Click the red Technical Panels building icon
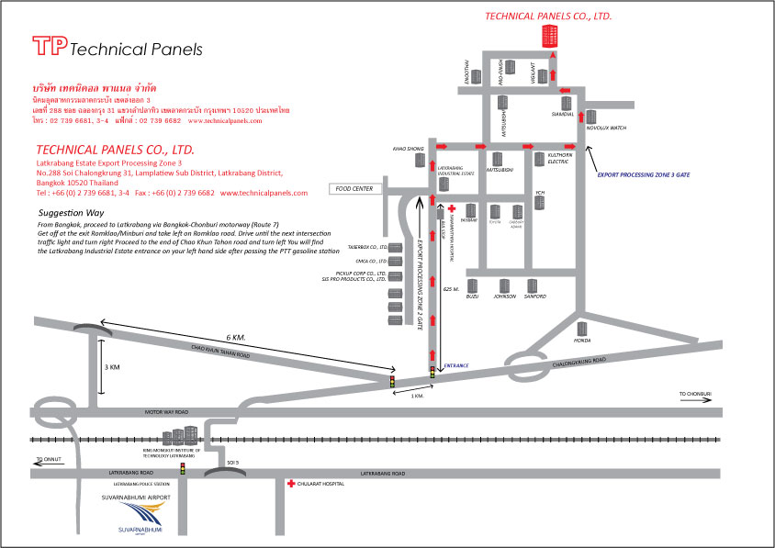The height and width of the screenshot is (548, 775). pyautogui.click(x=549, y=37)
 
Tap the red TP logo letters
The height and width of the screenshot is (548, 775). pyautogui.click(x=49, y=47)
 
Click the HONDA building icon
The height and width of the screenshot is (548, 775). pyautogui.click(x=580, y=328)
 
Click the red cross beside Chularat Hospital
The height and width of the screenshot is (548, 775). pyautogui.click(x=292, y=483)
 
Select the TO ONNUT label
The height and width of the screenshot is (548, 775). pyautogui.click(x=47, y=457)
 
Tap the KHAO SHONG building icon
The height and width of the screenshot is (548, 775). pyautogui.click(x=421, y=160)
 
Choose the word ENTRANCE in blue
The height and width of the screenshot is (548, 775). pyautogui.click(x=456, y=366)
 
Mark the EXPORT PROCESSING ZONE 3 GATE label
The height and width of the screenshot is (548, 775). pyautogui.click(x=643, y=173)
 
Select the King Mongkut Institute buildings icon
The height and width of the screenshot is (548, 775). pyautogui.click(x=180, y=438)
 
